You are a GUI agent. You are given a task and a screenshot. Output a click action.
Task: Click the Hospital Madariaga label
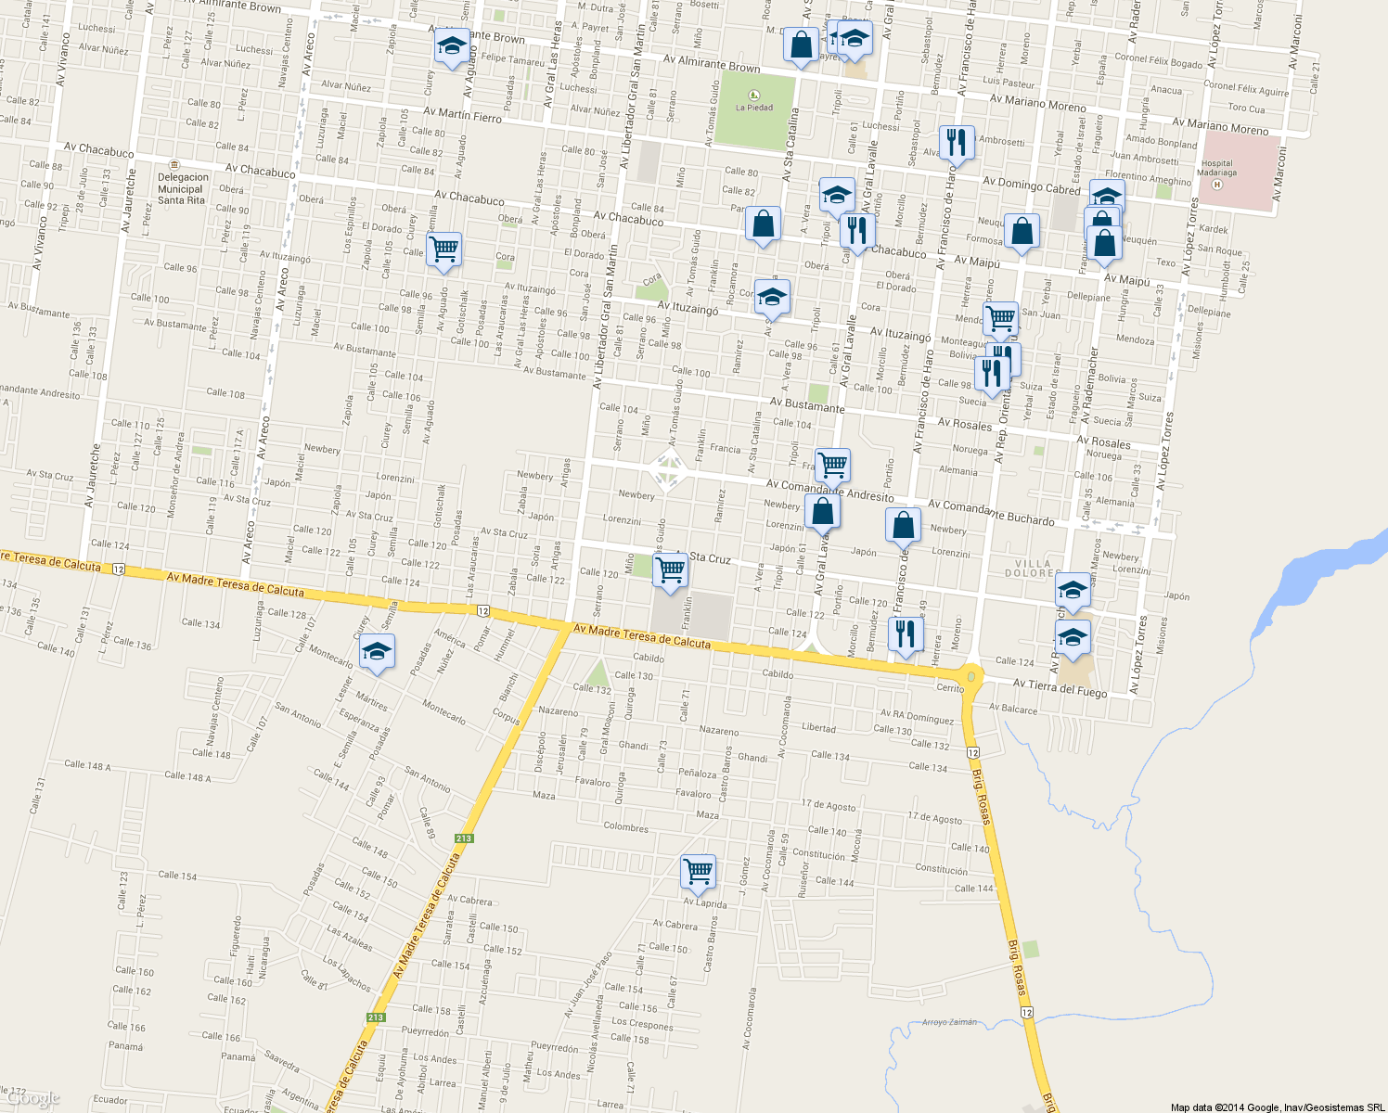[1216, 167]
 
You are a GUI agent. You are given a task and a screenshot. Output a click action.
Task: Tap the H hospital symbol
[1218, 185]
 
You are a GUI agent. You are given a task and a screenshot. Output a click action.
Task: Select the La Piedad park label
[753, 108]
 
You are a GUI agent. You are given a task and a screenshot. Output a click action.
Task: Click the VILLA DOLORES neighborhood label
[1033, 568]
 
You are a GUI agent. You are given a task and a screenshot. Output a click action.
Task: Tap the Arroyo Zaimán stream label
[949, 1022]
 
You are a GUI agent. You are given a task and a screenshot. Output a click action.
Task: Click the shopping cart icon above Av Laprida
[697, 872]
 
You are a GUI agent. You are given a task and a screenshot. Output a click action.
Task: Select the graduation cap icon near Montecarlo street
[377, 652]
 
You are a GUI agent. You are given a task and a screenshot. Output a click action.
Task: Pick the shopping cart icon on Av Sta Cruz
[670, 571]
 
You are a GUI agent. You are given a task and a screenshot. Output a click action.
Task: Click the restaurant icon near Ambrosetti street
[957, 143]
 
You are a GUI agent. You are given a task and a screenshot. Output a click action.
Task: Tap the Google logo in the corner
[32, 1099]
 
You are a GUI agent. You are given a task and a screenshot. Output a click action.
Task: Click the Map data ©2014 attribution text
[1277, 1107]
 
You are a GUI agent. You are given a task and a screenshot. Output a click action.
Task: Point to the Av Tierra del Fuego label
[1060, 687]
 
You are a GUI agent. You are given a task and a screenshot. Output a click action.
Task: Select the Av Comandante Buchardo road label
[991, 513]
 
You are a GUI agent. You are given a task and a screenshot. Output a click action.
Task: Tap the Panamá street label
[125, 1046]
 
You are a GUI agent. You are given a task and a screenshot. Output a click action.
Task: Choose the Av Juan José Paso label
[588, 983]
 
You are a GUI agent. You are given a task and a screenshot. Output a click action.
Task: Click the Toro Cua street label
[1246, 109]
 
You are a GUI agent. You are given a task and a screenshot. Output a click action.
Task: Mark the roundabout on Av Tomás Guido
[668, 470]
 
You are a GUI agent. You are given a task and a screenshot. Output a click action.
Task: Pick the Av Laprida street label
[705, 902]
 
